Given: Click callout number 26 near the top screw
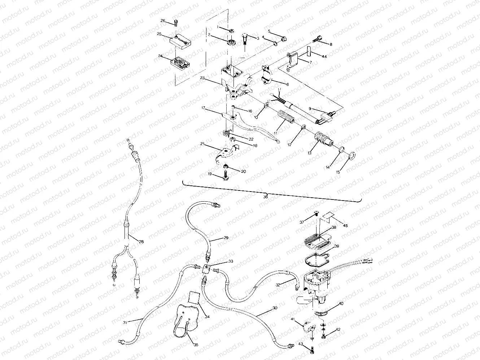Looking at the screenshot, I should coord(163,21).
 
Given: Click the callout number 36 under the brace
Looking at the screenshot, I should coord(266,197).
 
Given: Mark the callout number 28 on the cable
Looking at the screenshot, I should coord(141,242).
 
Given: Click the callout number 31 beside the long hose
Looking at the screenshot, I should coord(125,322).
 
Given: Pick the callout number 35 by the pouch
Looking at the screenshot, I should coord(196,345).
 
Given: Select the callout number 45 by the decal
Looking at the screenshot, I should coord(345,226).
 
